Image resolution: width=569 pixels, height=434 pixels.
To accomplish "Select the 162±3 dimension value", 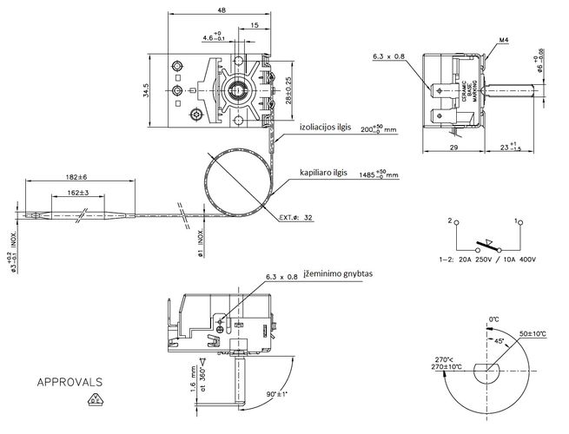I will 78,193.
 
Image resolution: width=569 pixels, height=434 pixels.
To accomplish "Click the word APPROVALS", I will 69,381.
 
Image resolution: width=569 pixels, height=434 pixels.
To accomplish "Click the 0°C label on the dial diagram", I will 494,320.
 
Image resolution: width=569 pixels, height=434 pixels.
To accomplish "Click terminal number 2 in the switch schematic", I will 452,222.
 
